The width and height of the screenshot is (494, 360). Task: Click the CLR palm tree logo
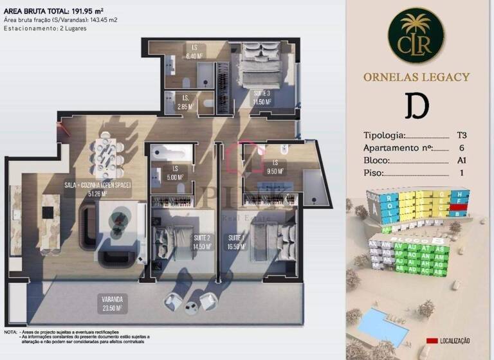(x=416, y=35)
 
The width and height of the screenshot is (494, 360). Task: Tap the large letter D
(x=417, y=107)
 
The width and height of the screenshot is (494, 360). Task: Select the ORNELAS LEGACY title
(x=416, y=77)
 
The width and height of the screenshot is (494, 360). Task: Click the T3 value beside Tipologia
(x=461, y=136)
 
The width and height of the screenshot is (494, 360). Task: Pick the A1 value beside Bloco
(x=461, y=161)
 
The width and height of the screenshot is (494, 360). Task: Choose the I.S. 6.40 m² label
(x=194, y=51)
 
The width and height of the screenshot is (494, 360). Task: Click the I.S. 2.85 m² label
(x=185, y=103)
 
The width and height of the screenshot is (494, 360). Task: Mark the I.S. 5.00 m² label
(x=175, y=174)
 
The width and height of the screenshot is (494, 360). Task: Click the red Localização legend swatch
(x=432, y=341)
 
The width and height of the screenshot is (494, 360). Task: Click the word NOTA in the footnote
(x=10, y=332)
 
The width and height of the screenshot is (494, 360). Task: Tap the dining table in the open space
(x=111, y=152)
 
